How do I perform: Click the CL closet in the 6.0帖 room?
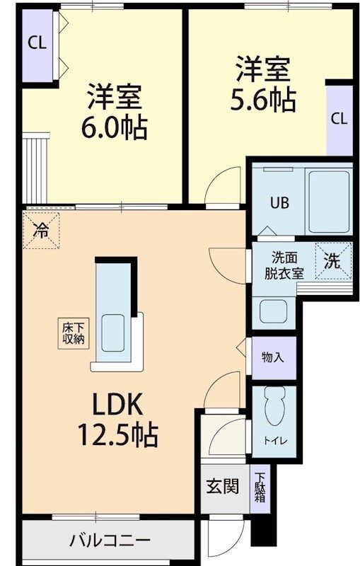37,42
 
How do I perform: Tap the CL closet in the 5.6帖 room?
339,118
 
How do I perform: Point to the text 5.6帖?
263,100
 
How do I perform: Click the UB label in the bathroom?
277,200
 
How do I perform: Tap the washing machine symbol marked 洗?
332,260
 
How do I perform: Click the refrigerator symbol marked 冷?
42,230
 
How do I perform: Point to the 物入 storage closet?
272,357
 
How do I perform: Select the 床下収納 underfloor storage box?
72,333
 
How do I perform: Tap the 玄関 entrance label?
222,487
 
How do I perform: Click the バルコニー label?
110,541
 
